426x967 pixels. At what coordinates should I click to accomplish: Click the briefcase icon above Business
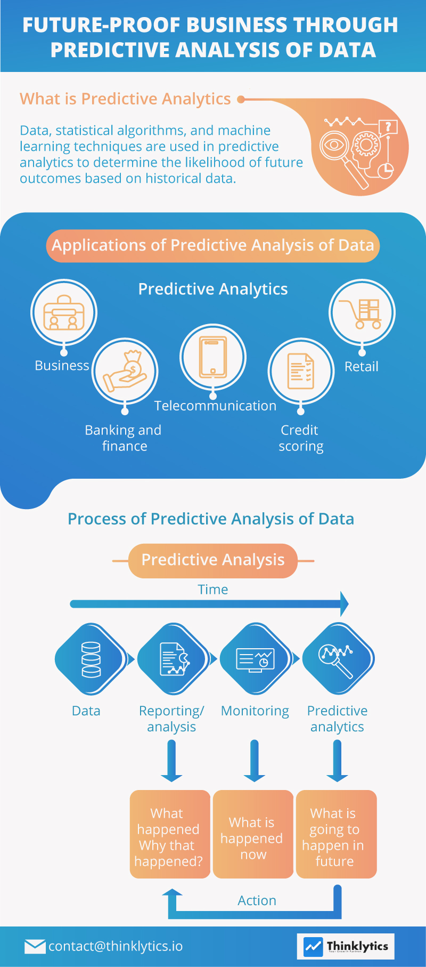[x=64, y=313]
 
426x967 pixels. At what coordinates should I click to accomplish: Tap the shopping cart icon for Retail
[x=362, y=313]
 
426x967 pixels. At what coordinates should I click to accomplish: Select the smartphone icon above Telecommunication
[x=213, y=357]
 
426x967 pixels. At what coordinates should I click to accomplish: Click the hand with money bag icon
[x=126, y=371]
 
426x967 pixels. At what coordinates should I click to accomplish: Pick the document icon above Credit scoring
[x=301, y=371]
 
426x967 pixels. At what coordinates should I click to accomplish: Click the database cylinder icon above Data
[x=91, y=659]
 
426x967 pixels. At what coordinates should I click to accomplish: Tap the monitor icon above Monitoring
[x=255, y=659]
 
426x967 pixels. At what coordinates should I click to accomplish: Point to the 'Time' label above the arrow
[x=213, y=590]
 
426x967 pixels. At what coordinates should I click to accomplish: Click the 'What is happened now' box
[x=253, y=834]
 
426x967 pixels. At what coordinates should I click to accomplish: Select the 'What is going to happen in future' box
[x=336, y=834]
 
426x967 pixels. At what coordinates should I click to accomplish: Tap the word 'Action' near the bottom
[x=257, y=900]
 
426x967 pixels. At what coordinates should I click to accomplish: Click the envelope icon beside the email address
[x=35, y=946]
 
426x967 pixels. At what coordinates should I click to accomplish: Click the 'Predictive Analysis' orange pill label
[x=213, y=560]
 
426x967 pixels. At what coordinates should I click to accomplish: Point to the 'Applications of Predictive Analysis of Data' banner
[x=213, y=246]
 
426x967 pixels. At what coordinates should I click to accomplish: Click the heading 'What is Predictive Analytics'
[x=125, y=99]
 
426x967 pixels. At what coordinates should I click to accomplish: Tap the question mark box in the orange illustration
[x=388, y=127]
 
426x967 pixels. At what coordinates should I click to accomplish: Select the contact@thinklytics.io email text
[x=116, y=946]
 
